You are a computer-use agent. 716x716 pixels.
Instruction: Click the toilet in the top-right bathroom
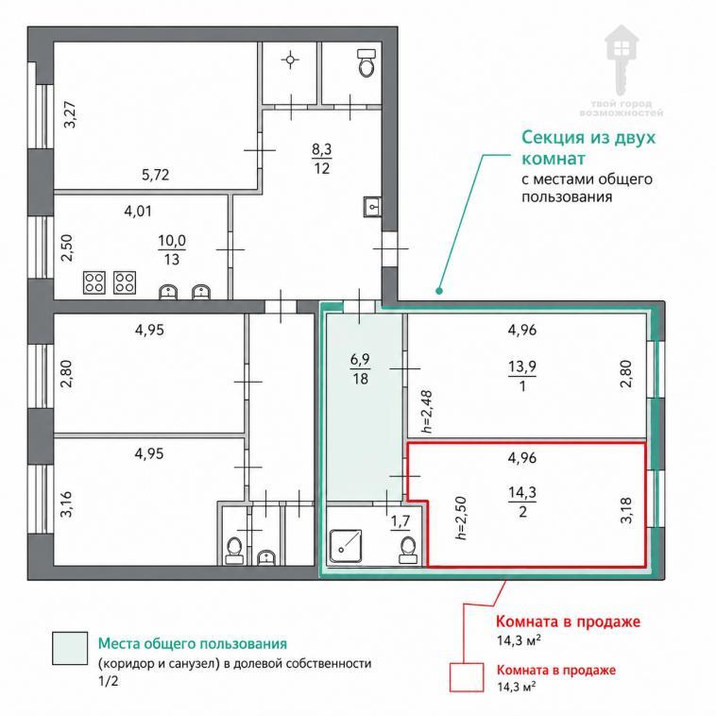[x=367, y=62]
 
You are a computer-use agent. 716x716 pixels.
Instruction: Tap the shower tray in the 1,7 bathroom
[x=346, y=546]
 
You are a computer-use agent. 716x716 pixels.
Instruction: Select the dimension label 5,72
[x=155, y=175]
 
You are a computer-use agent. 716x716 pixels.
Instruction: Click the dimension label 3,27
[x=70, y=114]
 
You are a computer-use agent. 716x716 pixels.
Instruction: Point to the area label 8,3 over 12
[x=322, y=159]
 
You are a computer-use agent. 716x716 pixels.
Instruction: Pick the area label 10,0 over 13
[x=172, y=249]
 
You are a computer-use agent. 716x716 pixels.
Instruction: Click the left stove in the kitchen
[x=94, y=282]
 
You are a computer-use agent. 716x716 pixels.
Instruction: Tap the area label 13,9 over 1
[x=522, y=376]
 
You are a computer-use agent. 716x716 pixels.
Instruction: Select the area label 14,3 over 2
[x=522, y=502]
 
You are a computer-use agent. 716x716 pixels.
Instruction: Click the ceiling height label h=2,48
[x=427, y=412]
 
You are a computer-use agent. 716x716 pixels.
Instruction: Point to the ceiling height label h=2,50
[x=461, y=518]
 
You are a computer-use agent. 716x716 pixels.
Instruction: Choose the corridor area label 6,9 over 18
[x=360, y=369]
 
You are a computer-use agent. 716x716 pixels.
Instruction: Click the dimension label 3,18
[x=626, y=510]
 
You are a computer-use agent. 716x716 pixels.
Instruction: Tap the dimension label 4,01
[x=138, y=211]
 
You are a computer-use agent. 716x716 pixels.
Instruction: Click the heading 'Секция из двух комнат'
[x=588, y=147]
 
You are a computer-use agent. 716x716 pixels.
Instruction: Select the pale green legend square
[x=70, y=648]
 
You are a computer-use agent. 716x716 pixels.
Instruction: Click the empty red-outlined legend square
[x=467, y=677]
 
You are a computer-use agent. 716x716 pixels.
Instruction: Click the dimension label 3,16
[x=67, y=504]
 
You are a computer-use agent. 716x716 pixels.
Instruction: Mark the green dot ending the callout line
[x=439, y=290]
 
